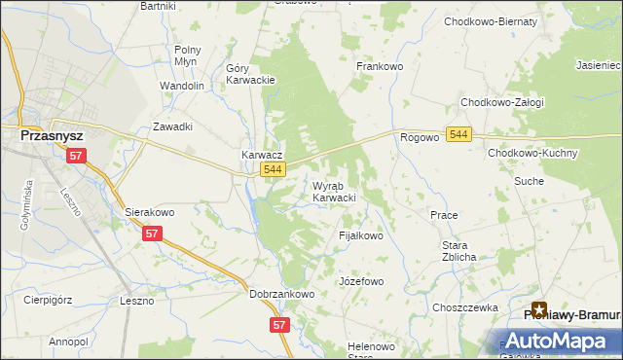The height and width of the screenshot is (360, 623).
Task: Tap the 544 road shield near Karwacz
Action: tap(274, 170)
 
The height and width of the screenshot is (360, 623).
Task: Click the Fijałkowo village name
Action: tap(360, 235)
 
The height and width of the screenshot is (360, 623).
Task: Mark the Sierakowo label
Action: tap(149, 211)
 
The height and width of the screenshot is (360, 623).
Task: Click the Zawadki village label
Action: tap(172, 126)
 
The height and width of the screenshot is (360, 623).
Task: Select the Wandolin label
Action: tap(181, 86)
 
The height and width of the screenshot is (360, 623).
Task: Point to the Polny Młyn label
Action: tap(187, 55)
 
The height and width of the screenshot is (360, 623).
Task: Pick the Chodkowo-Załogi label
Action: tap(501, 102)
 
